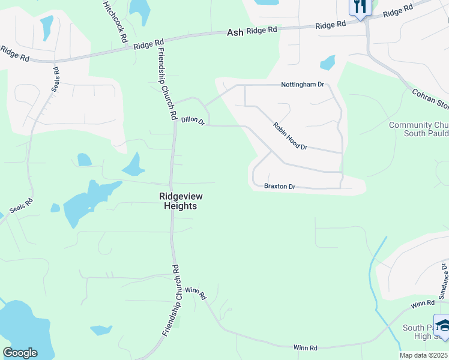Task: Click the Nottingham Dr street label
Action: click(x=303, y=85)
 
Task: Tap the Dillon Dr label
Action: click(x=193, y=122)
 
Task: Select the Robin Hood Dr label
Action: click(x=290, y=137)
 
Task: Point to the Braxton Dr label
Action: click(x=280, y=187)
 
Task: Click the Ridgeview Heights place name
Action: click(x=178, y=200)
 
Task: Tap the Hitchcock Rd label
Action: click(x=115, y=20)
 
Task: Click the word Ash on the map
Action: click(x=235, y=32)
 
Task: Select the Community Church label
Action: click(x=418, y=128)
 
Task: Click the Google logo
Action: click(x=20, y=353)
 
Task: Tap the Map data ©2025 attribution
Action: click(x=424, y=355)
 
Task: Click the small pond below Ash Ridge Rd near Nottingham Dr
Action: click(x=328, y=62)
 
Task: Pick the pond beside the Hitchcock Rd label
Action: click(x=140, y=10)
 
